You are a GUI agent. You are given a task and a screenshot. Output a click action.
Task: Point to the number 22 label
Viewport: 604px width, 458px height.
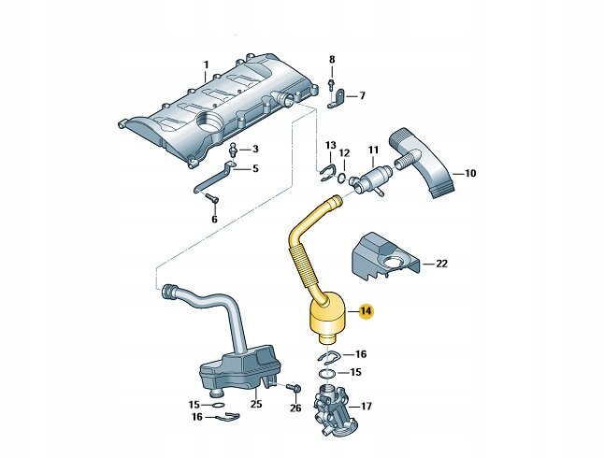[441, 265]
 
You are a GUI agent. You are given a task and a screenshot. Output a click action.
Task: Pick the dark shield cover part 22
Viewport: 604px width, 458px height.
[383, 254]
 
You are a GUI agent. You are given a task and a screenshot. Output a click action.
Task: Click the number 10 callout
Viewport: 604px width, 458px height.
[470, 173]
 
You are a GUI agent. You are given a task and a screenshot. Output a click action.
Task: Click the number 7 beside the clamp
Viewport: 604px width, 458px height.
[363, 95]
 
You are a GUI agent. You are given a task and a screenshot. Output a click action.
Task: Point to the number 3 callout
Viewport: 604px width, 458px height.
[254, 150]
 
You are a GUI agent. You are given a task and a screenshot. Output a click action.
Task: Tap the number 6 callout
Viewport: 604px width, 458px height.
[213, 219]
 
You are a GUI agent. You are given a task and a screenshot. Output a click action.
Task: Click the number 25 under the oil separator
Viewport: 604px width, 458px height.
[255, 404]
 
